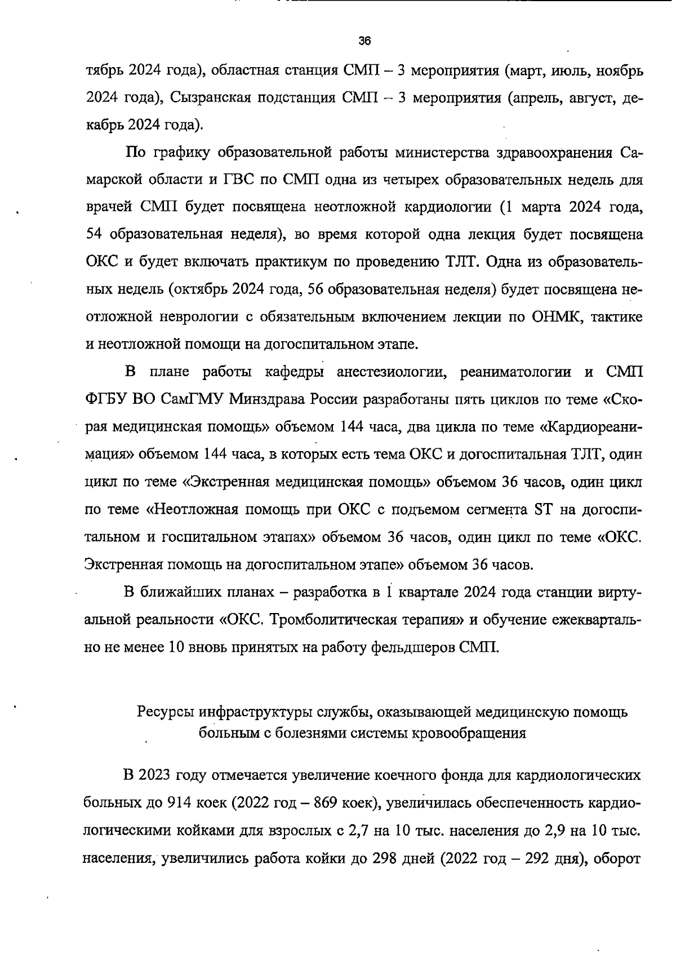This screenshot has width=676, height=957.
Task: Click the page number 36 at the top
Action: point(364,41)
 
